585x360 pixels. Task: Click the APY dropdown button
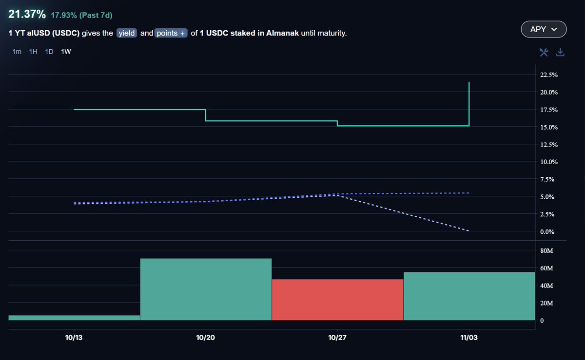(x=544, y=29)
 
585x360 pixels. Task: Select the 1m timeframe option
(x=17, y=52)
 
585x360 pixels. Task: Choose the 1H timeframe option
(x=33, y=52)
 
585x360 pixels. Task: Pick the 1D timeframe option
(x=49, y=52)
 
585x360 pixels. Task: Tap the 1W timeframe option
(x=66, y=52)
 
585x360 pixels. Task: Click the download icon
(x=561, y=52)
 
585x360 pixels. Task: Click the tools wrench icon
(x=544, y=52)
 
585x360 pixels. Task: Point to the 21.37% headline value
(x=26, y=15)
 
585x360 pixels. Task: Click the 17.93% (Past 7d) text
(x=81, y=15)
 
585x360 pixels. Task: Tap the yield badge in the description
(x=127, y=34)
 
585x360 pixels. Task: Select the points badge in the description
(x=171, y=34)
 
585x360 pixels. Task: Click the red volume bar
(x=337, y=300)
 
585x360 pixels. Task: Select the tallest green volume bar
(x=205, y=289)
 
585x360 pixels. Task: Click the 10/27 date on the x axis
(x=337, y=337)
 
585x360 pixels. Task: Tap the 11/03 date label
(x=469, y=337)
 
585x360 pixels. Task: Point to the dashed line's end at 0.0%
(x=468, y=231)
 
